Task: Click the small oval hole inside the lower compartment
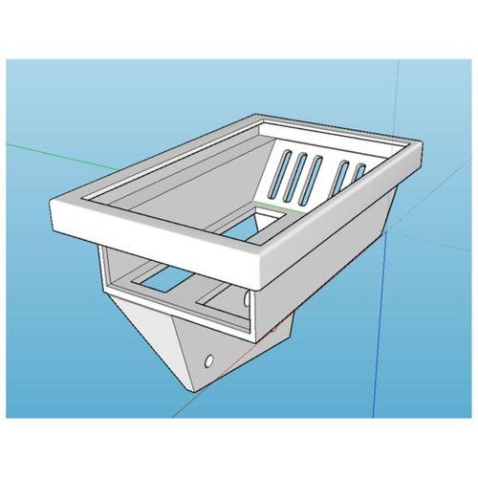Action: click(248, 300)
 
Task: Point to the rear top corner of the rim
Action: click(264, 118)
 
